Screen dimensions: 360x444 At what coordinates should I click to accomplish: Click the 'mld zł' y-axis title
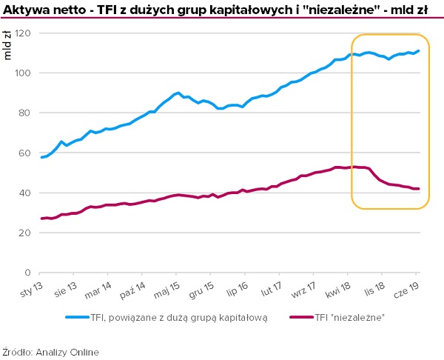coord(8,45)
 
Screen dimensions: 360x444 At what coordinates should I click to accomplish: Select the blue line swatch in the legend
coord(78,317)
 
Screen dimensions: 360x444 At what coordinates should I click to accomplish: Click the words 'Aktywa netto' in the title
coord(38,9)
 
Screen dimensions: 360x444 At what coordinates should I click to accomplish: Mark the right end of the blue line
coord(419,51)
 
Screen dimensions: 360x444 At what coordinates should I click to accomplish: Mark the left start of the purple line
coord(41,219)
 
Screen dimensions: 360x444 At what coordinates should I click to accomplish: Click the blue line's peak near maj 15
coord(178,93)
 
